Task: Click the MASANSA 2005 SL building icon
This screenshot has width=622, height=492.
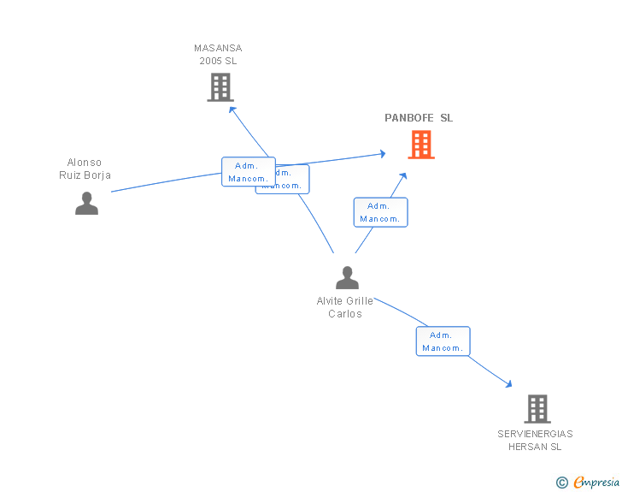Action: click(x=220, y=86)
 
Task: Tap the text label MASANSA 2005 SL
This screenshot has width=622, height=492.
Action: click(x=218, y=55)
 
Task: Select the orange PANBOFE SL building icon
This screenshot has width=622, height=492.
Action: click(x=420, y=145)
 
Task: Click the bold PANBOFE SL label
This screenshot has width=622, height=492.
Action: click(x=419, y=118)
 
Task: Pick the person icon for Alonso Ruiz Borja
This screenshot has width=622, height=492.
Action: click(x=86, y=204)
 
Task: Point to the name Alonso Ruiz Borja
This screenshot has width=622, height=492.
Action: click(x=85, y=169)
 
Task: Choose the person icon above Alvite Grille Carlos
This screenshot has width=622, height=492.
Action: click(x=347, y=278)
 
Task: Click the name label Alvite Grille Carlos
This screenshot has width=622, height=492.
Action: click(x=345, y=307)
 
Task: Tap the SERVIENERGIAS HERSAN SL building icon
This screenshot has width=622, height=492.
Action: click(x=537, y=409)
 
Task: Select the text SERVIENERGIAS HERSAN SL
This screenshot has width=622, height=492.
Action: click(x=535, y=440)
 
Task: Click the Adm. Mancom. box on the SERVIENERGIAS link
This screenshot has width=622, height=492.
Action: click(x=443, y=341)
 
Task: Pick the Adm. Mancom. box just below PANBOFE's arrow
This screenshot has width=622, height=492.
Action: click(x=380, y=212)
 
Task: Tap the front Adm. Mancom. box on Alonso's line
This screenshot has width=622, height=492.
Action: click(x=248, y=172)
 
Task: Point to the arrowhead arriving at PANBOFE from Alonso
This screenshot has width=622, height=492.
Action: click(x=382, y=154)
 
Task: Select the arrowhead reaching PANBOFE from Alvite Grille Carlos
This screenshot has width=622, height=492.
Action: click(x=402, y=176)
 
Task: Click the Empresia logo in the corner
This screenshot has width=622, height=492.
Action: click(x=596, y=483)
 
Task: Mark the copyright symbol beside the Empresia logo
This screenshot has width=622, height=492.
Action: click(x=562, y=483)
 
